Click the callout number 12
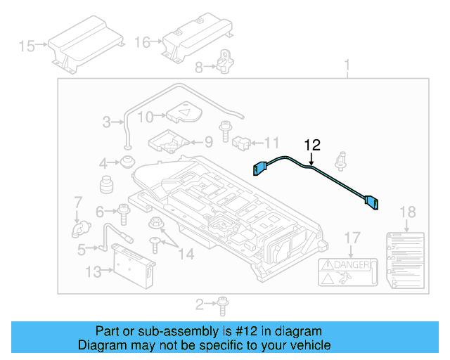click(x=312, y=146)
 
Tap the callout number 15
click(x=27, y=46)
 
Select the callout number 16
click(x=142, y=42)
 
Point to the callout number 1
click(x=347, y=67)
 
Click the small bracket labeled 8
click(x=224, y=62)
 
